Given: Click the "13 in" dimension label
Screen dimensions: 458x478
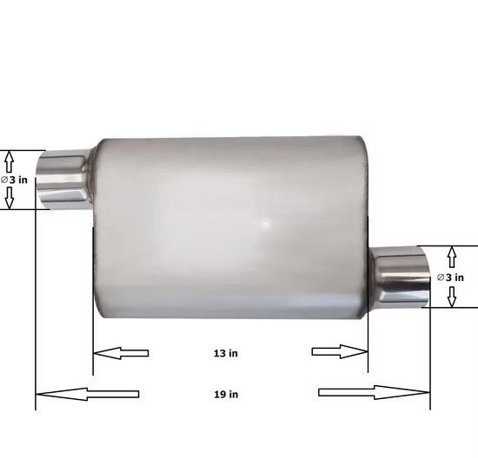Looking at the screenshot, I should [227, 353].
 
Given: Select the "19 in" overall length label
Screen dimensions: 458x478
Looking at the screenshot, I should [227, 394].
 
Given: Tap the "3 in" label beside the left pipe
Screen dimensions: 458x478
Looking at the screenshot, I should [17, 180].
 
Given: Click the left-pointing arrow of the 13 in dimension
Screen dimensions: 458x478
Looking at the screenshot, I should [121, 352].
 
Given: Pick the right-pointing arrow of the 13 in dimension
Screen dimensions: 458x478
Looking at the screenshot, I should [340, 351].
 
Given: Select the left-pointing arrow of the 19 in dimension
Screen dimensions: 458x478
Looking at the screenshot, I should [88, 394].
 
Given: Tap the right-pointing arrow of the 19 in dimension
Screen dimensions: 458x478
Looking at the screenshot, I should [374, 392].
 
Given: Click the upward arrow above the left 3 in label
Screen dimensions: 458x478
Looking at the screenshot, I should [10, 160].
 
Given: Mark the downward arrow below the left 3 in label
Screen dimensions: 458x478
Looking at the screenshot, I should [10, 199].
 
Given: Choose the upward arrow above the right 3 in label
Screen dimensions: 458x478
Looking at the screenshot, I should [451, 257].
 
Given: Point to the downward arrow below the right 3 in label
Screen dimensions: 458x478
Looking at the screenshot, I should [451, 297].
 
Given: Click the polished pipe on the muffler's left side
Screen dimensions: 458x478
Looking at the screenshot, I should [66, 180].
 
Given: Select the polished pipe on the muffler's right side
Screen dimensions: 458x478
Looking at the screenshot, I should [399, 277].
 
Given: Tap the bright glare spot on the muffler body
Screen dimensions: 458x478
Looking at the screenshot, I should [266, 224].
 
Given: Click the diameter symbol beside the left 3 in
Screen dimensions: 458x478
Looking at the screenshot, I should [4, 180].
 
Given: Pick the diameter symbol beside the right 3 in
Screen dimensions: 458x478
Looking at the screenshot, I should [441, 277].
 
